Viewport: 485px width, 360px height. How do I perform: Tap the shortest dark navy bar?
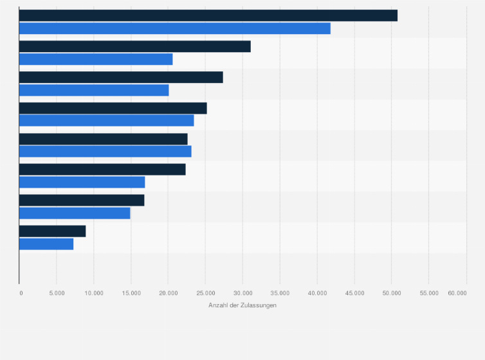[52, 231]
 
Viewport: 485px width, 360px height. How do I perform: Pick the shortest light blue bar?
[46, 244]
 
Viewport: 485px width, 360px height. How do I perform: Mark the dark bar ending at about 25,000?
[113, 108]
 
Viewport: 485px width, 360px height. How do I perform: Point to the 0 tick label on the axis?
[21, 292]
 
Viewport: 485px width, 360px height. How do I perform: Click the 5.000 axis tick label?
[57, 292]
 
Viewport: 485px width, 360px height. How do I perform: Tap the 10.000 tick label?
[94, 292]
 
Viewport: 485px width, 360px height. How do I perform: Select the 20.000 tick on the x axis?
[168, 292]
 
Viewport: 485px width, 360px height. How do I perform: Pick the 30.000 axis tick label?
[243, 292]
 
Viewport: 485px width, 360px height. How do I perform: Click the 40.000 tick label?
[317, 292]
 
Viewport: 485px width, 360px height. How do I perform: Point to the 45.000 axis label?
[354, 292]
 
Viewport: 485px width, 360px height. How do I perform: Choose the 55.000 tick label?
[429, 292]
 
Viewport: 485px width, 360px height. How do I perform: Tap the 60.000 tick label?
[457, 292]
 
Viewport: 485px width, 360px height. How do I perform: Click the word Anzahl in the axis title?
[219, 305]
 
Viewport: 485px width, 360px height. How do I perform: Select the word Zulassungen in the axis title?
[259, 305]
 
